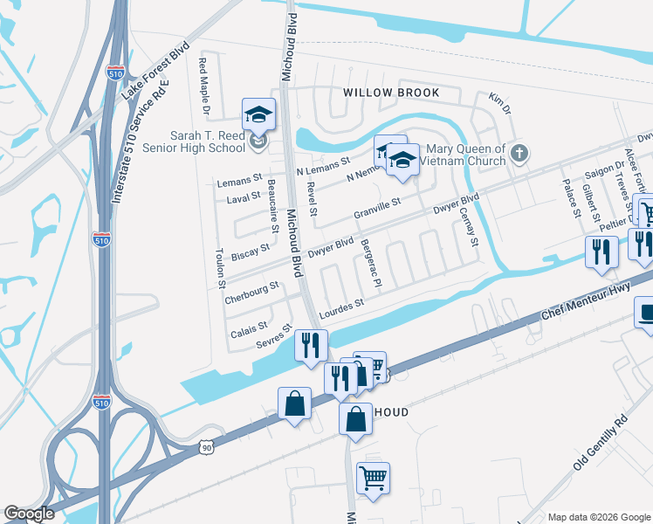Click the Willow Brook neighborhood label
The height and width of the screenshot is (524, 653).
tap(389, 93)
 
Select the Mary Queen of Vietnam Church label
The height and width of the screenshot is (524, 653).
tap(463, 155)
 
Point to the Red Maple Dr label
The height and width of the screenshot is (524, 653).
tap(204, 86)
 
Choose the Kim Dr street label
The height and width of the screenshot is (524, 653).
tap(499, 102)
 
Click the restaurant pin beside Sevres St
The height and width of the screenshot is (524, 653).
tap(310, 345)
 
